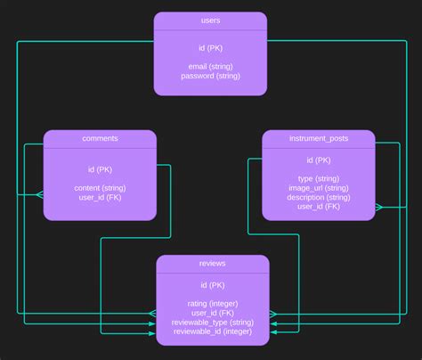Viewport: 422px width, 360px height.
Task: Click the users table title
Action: pyautogui.click(x=210, y=20)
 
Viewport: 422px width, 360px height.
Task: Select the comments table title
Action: pyautogui.click(x=100, y=138)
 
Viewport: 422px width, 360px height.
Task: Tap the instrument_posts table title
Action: pyautogui.click(x=319, y=138)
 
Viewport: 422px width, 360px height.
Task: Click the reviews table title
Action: pyautogui.click(x=213, y=264)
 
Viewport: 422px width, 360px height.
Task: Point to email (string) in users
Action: pyautogui.click(x=210, y=66)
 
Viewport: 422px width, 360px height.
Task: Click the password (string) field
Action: pyautogui.click(x=210, y=76)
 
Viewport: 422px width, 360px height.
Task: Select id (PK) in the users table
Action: pyautogui.click(x=210, y=47)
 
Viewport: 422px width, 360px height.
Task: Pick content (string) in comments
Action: pyautogui.click(x=100, y=188)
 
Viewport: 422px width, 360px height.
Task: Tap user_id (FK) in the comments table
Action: pyautogui.click(x=100, y=198)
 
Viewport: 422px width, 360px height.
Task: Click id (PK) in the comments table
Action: pyautogui.click(x=100, y=169)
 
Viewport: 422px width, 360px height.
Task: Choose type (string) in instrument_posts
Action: pyautogui.click(x=319, y=178)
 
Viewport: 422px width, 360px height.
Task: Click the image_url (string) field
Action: pyautogui.click(x=319, y=188)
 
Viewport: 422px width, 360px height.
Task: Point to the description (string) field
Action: pyautogui.click(x=319, y=197)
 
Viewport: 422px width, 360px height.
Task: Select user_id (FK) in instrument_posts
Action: pyautogui.click(x=319, y=207)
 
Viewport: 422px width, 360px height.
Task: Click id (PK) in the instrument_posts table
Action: pyautogui.click(x=319, y=160)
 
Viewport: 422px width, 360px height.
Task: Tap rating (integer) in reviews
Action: pyautogui.click(x=213, y=304)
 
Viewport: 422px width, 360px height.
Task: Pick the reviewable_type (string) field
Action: pyautogui.click(x=213, y=323)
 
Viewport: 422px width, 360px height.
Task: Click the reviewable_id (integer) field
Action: pyautogui.click(x=213, y=331)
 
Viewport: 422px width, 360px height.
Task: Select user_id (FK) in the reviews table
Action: pyautogui.click(x=213, y=313)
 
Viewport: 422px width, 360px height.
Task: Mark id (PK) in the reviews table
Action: pyautogui.click(x=213, y=285)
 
